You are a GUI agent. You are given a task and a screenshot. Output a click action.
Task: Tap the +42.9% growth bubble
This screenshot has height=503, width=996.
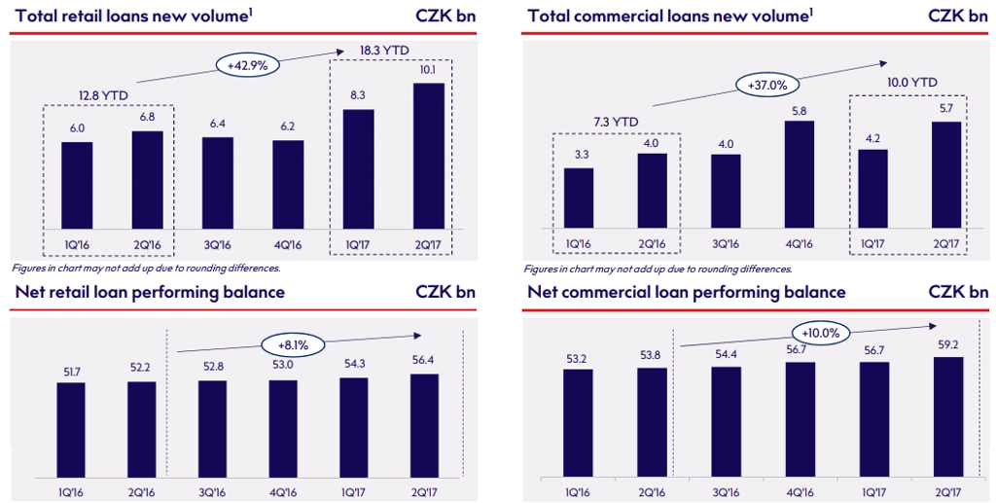pyautogui.click(x=249, y=65)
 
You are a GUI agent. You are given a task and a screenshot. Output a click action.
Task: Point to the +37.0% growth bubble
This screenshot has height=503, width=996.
pyautogui.click(x=767, y=85)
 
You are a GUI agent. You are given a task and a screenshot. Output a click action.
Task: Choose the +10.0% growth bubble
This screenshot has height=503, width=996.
pyautogui.click(x=822, y=331)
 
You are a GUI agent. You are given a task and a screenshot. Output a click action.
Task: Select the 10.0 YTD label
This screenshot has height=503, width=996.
pyautogui.click(x=910, y=83)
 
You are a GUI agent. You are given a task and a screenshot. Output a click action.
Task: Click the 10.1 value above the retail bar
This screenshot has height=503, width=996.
pyautogui.click(x=429, y=70)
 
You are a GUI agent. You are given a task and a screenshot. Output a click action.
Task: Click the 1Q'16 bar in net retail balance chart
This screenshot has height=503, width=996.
pyautogui.click(x=71, y=429)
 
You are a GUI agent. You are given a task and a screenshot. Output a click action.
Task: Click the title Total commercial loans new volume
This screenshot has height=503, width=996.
pyautogui.click(x=670, y=16)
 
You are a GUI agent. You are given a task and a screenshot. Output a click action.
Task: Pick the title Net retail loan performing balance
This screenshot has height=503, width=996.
pyautogui.click(x=149, y=292)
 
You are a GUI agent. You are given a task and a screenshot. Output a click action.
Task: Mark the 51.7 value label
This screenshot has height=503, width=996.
pyautogui.click(x=71, y=367)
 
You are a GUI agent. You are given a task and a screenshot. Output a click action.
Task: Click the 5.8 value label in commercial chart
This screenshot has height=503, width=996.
pyautogui.click(x=799, y=109)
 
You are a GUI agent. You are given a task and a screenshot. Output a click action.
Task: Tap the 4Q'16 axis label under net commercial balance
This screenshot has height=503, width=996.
pyautogui.click(x=799, y=490)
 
